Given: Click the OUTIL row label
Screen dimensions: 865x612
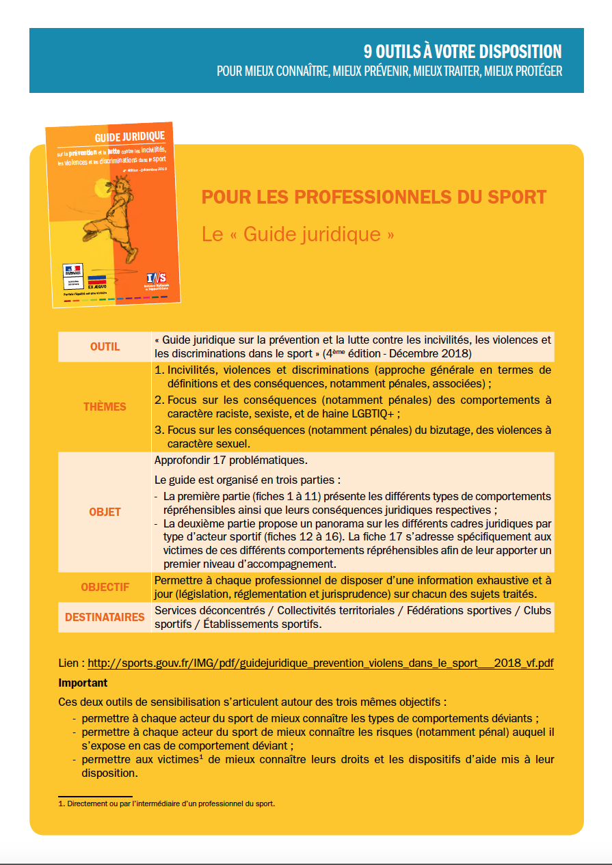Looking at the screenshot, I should pyautogui.click(x=105, y=346).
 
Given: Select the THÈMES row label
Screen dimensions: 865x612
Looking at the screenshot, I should pyautogui.click(x=105, y=407).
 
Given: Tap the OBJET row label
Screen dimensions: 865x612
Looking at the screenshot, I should pyautogui.click(x=105, y=512).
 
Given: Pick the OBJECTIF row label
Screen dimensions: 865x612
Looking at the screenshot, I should pyautogui.click(x=105, y=587).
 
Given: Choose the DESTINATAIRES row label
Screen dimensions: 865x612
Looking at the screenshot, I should pyautogui.click(x=105, y=617).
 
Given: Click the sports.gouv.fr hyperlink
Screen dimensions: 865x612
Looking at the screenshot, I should pyautogui.click(x=321, y=663).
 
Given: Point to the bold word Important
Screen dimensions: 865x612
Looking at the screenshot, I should pyautogui.click(x=83, y=683).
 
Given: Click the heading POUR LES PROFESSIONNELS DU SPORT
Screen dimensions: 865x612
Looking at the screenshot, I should pyautogui.click(x=374, y=197).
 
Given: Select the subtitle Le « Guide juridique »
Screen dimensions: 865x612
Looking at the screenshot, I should pyautogui.click(x=298, y=234).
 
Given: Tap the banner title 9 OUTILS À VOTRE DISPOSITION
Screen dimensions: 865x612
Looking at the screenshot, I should pyautogui.click(x=462, y=52).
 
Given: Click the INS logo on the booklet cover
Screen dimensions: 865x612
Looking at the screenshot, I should pyautogui.click(x=156, y=279).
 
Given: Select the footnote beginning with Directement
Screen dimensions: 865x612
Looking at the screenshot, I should pyautogui.click(x=166, y=804).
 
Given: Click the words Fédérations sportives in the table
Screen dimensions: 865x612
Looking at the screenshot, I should pyautogui.click(x=459, y=610).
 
